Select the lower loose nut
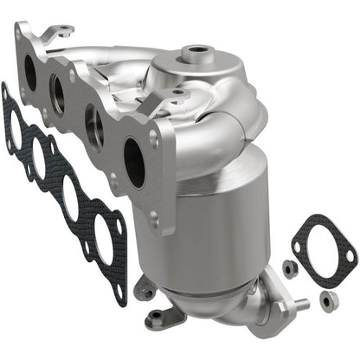tap(327, 300)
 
